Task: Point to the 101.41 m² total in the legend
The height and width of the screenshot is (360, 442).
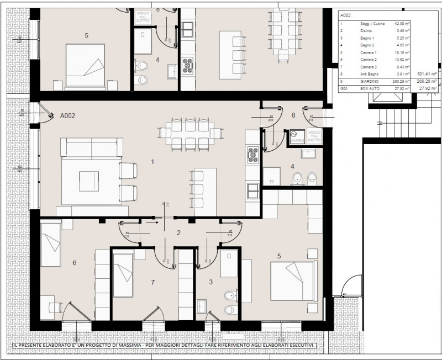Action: click(x=427, y=73)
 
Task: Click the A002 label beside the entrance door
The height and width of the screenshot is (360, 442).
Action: click(x=67, y=117)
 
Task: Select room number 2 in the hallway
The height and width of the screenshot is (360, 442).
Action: click(x=178, y=233)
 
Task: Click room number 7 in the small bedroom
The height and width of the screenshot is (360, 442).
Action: click(x=153, y=283)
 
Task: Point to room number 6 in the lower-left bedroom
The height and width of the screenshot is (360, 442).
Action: click(x=75, y=263)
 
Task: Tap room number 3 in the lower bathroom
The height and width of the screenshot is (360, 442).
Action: click(x=211, y=282)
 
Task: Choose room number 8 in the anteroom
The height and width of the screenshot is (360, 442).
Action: click(x=293, y=116)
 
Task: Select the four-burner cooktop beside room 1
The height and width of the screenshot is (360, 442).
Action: click(x=253, y=155)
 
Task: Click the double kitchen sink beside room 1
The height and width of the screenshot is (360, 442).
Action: click(x=253, y=190)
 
